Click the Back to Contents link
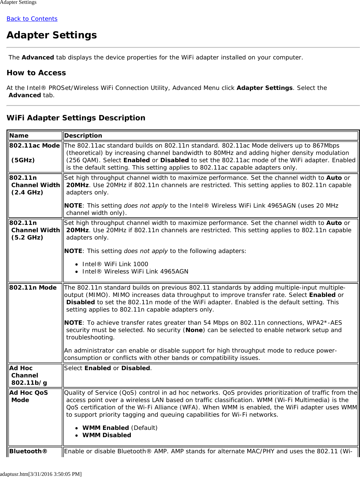point(32,19)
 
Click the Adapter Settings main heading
point(52,35)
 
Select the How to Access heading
point(36,73)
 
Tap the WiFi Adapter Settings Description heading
point(76,118)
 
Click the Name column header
point(19,136)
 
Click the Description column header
point(83,136)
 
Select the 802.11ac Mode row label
point(35,146)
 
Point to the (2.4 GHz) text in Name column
point(27,192)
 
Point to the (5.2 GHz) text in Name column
point(27,237)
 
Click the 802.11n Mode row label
point(33,288)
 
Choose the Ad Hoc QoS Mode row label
point(28,396)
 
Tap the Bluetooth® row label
point(28,451)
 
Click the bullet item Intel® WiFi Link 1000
point(115,264)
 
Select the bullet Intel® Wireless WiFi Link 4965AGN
point(135,271)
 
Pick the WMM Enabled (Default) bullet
point(120,428)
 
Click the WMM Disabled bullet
point(107,435)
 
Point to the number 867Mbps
point(325,146)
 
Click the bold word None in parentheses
point(194,330)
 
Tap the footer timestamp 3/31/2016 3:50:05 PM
point(55,474)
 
